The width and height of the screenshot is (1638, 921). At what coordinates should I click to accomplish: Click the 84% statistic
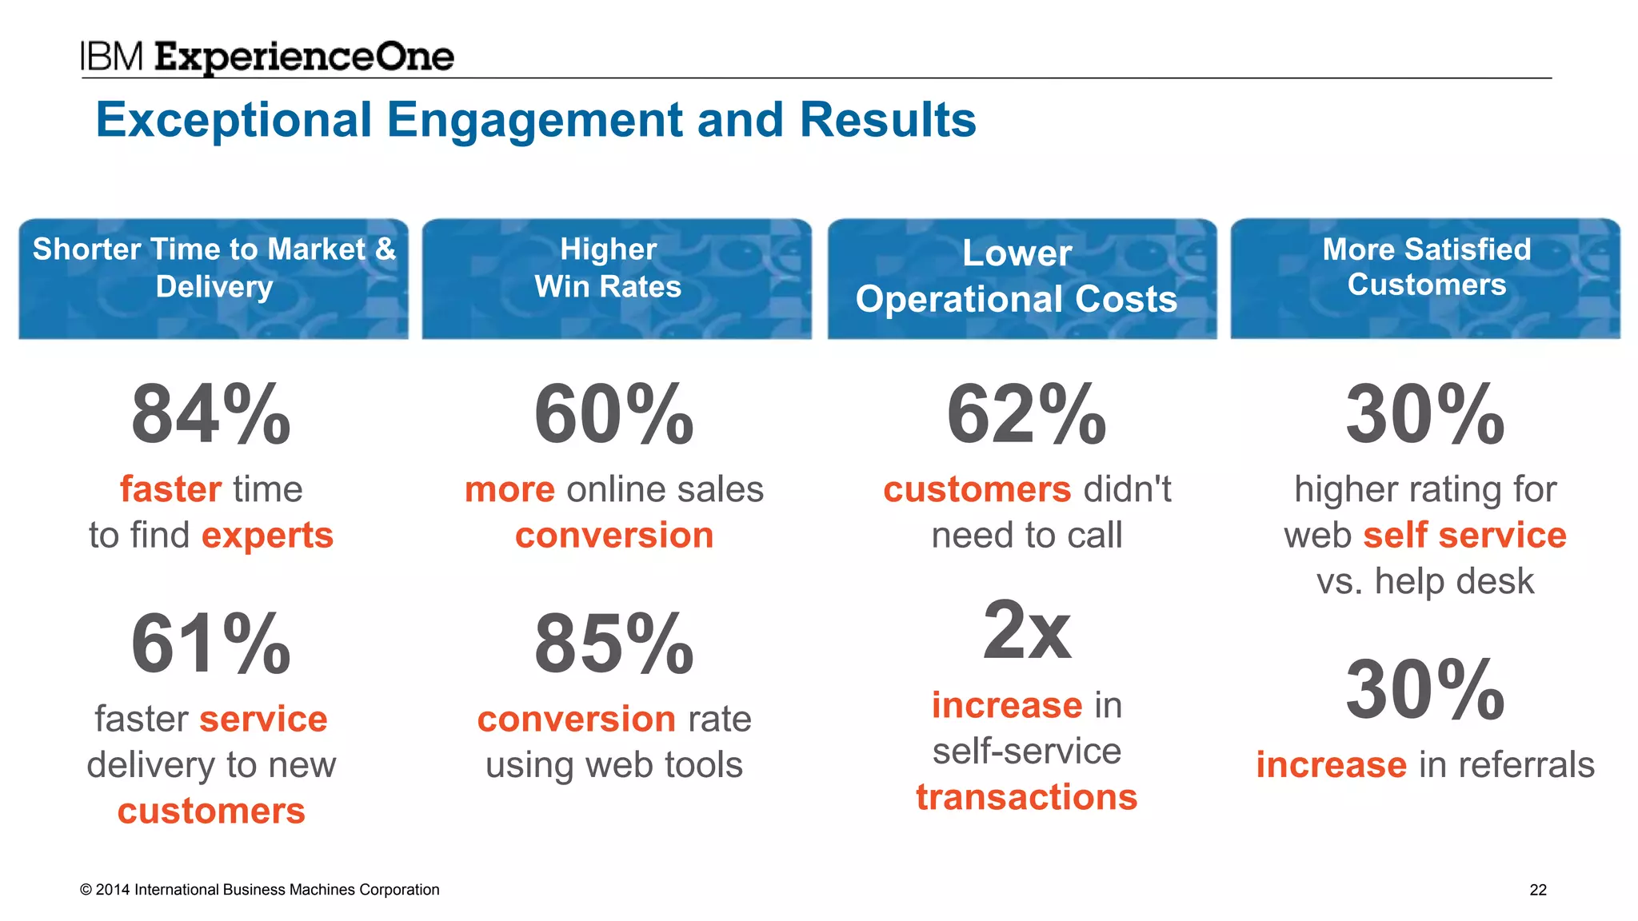[x=211, y=414]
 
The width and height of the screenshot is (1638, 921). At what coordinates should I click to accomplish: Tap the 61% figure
[x=211, y=644]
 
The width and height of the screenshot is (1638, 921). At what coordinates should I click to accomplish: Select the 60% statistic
[x=613, y=414]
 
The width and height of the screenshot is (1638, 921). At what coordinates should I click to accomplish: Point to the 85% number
[x=613, y=644]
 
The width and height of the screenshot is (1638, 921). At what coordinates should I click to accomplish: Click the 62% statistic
[x=1026, y=414]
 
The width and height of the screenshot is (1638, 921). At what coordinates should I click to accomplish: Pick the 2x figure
[x=1026, y=631]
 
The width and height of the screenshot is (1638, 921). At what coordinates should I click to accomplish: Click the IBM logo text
[x=112, y=58]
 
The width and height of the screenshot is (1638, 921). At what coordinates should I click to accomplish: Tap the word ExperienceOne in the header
[x=304, y=58]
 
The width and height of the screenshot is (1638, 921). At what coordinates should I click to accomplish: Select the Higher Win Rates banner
[x=617, y=278]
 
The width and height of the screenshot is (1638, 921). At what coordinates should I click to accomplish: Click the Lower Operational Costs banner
[x=1021, y=278]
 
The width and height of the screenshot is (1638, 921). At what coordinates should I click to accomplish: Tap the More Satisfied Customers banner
[x=1425, y=278]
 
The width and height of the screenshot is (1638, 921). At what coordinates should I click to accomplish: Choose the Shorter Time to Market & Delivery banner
[x=214, y=278]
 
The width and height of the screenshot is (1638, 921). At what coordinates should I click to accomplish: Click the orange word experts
[x=267, y=536]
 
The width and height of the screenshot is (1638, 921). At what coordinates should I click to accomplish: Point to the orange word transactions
[x=1026, y=797]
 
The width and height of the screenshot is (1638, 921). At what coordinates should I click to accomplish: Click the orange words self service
[x=1464, y=536]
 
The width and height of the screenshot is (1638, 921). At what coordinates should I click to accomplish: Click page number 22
[x=1537, y=890]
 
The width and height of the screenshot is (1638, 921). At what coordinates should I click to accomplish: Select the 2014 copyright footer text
[x=260, y=890]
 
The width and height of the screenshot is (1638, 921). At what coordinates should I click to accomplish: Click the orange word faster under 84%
[x=170, y=489]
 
